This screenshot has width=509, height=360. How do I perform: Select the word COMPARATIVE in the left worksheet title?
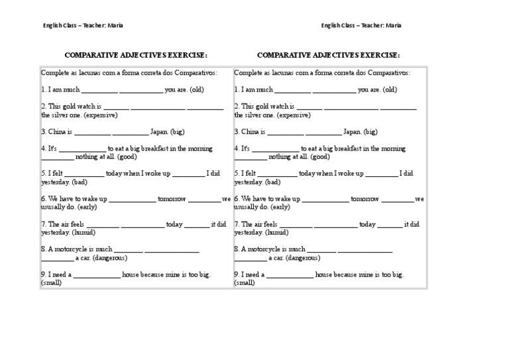pyautogui.click(x=93, y=56)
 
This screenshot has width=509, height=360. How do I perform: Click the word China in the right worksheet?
pyautogui.click(x=249, y=132)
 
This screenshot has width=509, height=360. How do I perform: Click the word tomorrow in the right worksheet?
pyautogui.click(x=365, y=199)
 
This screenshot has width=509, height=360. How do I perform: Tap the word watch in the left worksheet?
pyautogui.click(x=87, y=106)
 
